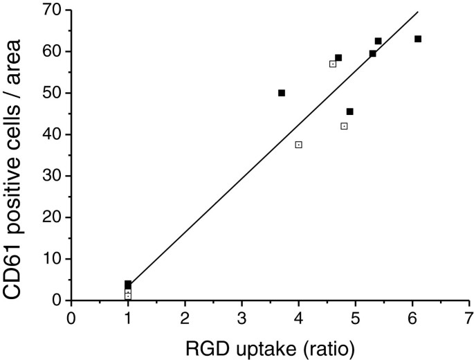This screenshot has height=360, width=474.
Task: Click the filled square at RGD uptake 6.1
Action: [x=418, y=39]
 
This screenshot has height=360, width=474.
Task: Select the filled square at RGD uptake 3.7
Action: [x=282, y=93]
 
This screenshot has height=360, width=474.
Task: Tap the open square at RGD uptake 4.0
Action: [x=298, y=145]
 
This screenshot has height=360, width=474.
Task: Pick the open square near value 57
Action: [x=333, y=64]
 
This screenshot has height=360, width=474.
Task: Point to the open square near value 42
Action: [x=344, y=126]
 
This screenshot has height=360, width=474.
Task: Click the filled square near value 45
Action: [x=350, y=111]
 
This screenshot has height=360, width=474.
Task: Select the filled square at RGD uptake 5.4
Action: [x=378, y=41]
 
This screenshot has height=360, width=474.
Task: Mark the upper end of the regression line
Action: [x=419, y=11]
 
